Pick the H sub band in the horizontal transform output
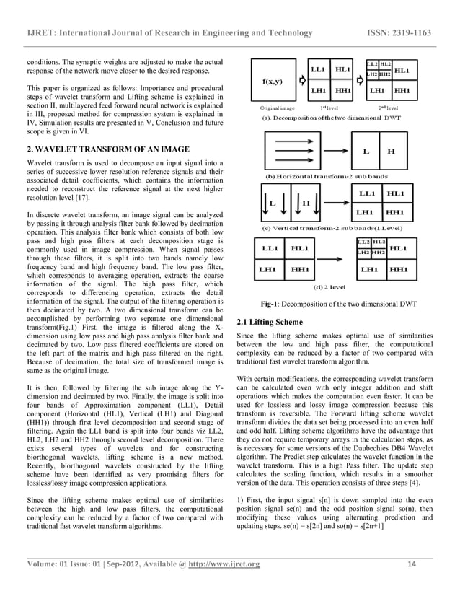(x=392, y=152)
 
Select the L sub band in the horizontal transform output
(x=366, y=152)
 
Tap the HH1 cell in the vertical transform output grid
(x=395, y=213)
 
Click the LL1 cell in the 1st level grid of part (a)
(x=322, y=70)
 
